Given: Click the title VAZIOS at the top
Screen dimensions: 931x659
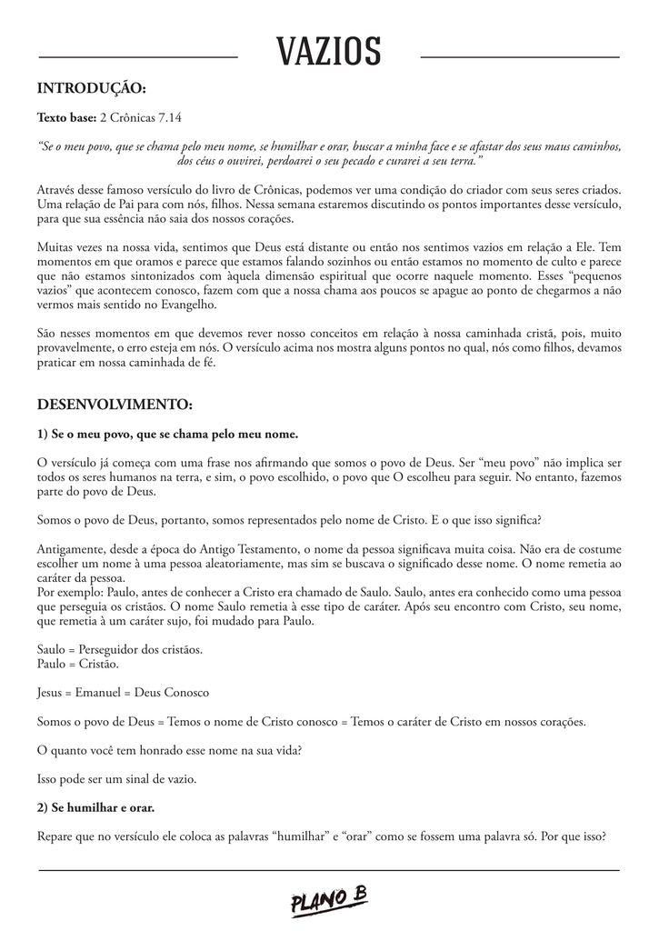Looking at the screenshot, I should (329, 53).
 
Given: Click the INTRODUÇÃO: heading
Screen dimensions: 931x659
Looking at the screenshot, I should (91, 88).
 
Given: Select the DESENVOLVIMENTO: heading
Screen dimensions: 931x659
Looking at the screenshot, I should (115, 404).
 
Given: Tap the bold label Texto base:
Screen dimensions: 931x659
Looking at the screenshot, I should (65, 118).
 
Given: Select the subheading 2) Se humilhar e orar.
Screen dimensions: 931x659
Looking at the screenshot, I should (95, 808).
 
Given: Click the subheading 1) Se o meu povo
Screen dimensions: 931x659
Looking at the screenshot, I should (167, 434).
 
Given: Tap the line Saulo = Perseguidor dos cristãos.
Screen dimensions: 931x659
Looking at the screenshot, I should (120, 650).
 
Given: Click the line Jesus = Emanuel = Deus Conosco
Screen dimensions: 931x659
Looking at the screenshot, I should (123, 693).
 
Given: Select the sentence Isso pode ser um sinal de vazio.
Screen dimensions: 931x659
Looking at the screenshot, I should (116, 779).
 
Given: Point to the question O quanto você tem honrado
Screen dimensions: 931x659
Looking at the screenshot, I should (169, 750).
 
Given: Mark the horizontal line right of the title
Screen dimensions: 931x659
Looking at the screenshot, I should (520, 57).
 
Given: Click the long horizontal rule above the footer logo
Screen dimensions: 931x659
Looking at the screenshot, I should (329, 870).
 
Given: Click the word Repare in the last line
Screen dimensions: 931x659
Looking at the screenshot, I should (56, 836).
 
